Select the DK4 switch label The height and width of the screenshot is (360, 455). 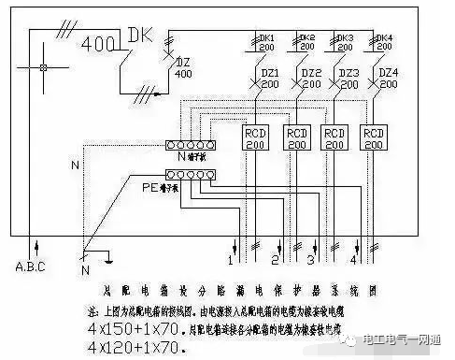tap(383, 42)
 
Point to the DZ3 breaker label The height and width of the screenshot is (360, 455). tap(348, 77)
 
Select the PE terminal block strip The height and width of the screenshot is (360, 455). tap(190, 175)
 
